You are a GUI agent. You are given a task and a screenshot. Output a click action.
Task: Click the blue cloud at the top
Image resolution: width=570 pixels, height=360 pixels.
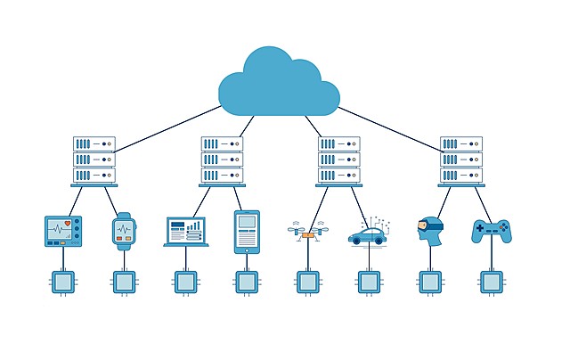pyautogui.click(x=279, y=83)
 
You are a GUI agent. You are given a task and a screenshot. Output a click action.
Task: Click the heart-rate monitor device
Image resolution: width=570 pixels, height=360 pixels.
pyautogui.click(x=63, y=230)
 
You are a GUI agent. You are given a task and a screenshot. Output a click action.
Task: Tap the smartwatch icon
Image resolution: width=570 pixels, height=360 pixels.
pyautogui.click(x=124, y=230)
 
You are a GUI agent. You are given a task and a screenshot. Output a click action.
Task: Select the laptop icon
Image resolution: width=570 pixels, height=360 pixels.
pyautogui.click(x=185, y=232)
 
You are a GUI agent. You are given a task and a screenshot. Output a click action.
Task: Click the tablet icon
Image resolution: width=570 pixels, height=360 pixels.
pyautogui.click(x=247, y=232)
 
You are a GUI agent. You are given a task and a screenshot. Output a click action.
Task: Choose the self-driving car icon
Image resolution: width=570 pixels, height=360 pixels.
pyautogui.click(x=367, y=235)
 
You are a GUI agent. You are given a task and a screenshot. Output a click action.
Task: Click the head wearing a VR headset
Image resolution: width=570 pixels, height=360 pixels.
pyautogui.click(x=429, y=229)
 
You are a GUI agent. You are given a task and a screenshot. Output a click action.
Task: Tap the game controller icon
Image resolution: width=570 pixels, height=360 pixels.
pyautogui.click(x=491, y=231)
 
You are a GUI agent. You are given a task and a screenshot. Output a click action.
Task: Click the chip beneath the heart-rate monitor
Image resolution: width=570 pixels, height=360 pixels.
pyautogui.click(x=63, y=282)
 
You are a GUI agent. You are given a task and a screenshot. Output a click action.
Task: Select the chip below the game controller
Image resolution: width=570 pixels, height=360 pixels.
pyautogui.click(x=491, y=282)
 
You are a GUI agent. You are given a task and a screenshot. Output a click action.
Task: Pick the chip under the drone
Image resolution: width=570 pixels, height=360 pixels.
pyautogui.click(x=307, y=282)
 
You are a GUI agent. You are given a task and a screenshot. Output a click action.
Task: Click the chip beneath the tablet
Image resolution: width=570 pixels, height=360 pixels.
pyautogui.click(x=247, y=282)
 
